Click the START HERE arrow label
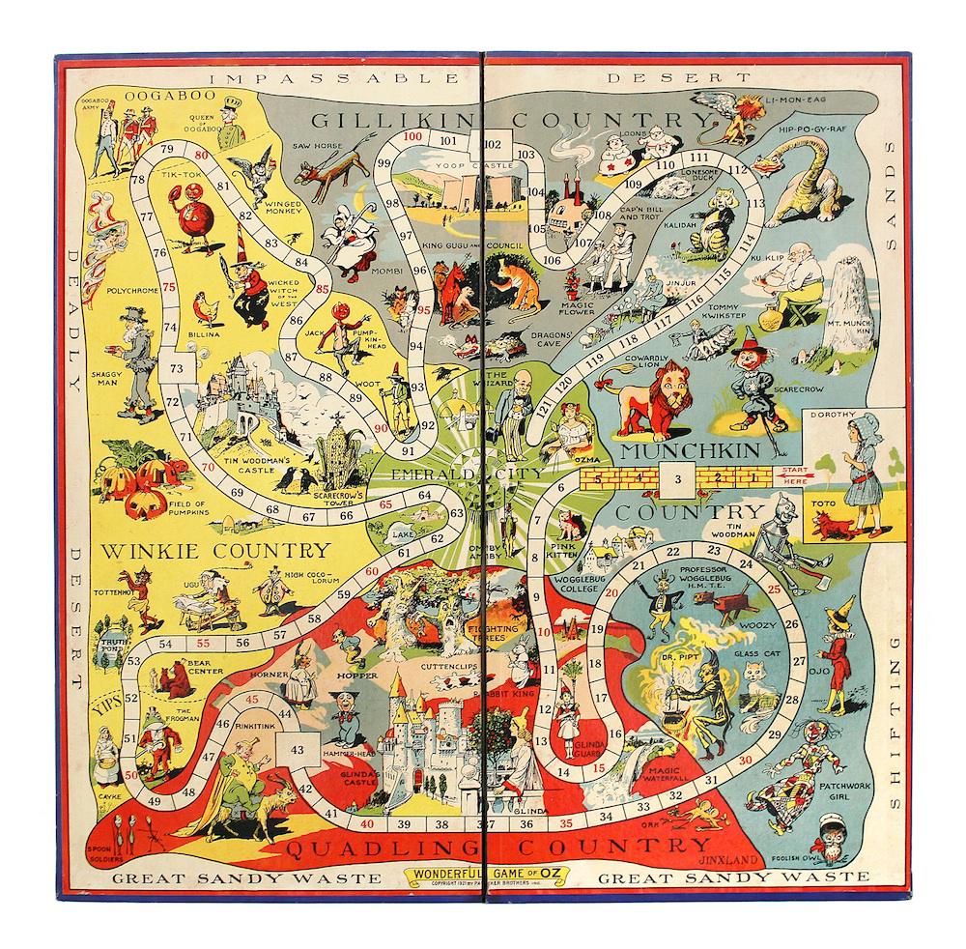tap(782, 475)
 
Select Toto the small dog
tap(830, 523)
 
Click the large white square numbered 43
tap(297, 749)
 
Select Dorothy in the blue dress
tap(857, 464)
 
